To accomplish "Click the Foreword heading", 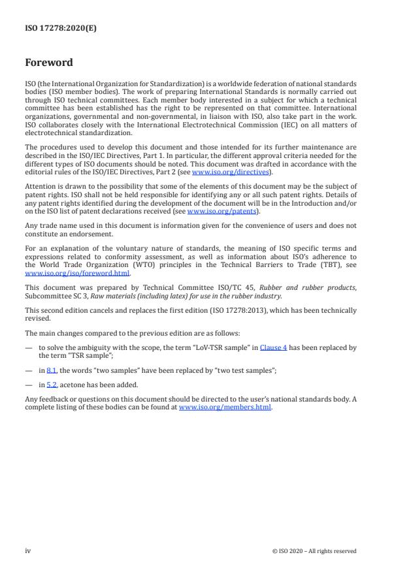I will pos(49,63).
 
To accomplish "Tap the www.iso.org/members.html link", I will pos(225,407).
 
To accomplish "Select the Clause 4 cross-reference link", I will pos(273,348).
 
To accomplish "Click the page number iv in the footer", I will pos(28,550).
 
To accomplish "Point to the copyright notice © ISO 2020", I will pos(314,551).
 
